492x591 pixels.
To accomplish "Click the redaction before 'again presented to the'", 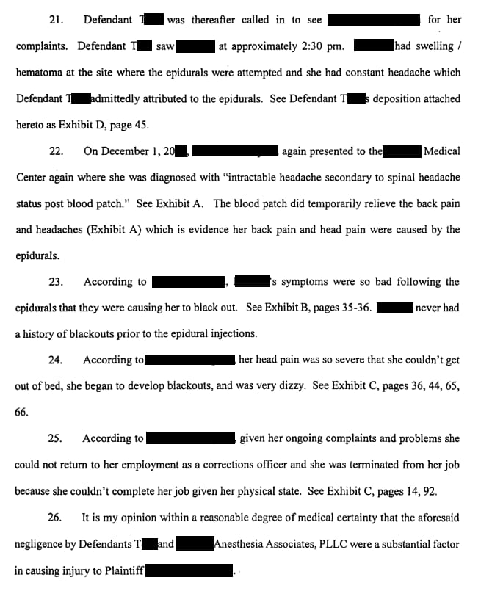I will point(234,151).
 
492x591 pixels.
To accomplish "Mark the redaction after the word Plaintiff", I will point(189,570).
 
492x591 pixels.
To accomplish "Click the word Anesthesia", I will point(242,544).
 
